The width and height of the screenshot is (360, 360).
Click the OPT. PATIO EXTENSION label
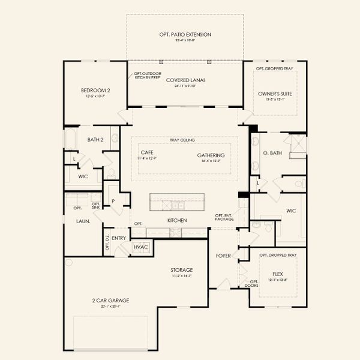tap(185, 35)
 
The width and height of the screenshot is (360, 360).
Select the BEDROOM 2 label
tap(95, 91)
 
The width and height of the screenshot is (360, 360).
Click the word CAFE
tap(147, 153)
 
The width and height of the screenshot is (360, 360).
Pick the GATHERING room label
tap(210, 155)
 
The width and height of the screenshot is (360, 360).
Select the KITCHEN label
tap(177, 220)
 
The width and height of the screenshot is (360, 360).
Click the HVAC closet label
tap(140, 247)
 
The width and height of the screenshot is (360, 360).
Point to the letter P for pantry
tap(112, 202)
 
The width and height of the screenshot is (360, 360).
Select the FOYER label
tap(223, 256)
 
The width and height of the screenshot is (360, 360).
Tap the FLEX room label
tap(277, 274)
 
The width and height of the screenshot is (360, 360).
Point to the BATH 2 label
tap(95, 140)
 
